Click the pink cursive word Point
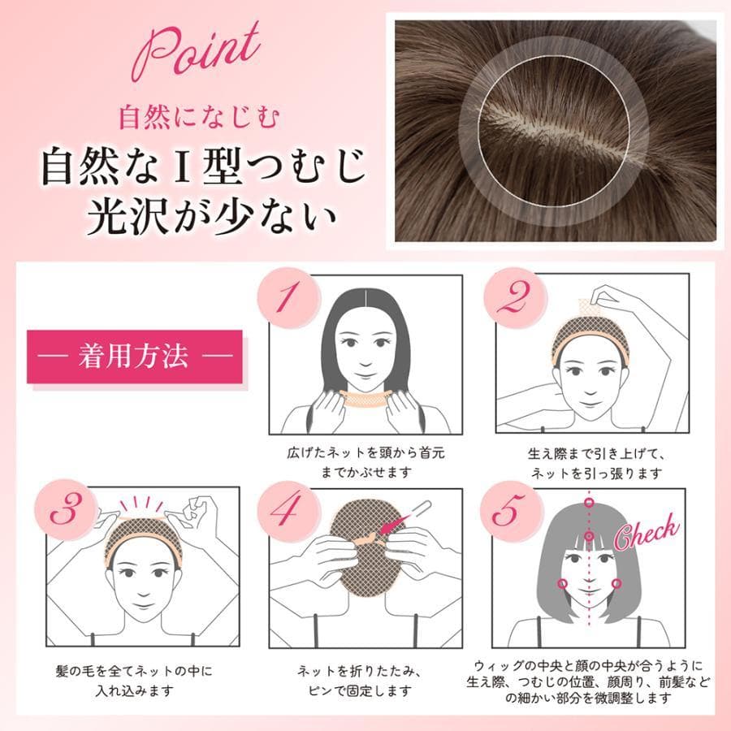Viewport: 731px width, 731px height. pyautogui.click(x=196, y=52)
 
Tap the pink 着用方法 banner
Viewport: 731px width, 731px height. pyautogui.click(x=135, y=357)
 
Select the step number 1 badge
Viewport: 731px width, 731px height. pyautogui.click(x=289, y=298)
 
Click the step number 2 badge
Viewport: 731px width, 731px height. pyautogui.click(x=515, y=298)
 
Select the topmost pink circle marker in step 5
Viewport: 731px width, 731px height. pyautogui.click(x=589, y=503)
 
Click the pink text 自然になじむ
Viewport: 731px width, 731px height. pyautogui.click(x=199, y=117)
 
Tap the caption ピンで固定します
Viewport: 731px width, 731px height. pyautogui.click(x=360, y=690)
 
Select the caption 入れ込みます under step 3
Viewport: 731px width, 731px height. pyautogui.click(x=134, y=690)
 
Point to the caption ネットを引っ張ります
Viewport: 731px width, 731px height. pyautogui.click(x=597, y=474)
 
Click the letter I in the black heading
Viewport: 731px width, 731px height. pyautogui.click(x=183, y=166)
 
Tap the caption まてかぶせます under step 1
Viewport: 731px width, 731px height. pyautogui.click(x=366, y=472)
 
